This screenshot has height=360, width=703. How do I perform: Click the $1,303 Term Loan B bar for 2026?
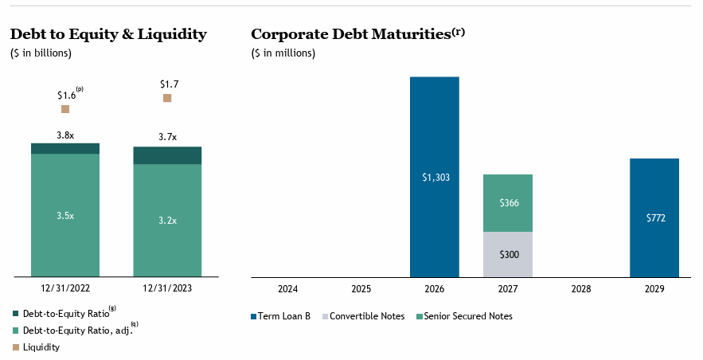click(435, 177)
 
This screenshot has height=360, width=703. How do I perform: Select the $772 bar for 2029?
click(654, 217)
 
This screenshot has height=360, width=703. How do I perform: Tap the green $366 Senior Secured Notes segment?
click(508, 203)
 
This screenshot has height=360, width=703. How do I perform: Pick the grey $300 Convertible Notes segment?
click(508, 254)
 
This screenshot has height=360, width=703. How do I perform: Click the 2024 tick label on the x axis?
click(288, 288)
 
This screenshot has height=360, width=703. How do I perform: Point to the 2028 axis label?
click(580, 288)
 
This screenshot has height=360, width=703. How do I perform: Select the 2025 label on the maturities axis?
click(361, 288)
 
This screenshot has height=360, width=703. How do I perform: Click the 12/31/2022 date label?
click(65, 288)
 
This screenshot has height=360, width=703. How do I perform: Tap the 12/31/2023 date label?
click(167, 288)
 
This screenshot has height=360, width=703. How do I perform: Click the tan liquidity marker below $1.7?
click(167, 98)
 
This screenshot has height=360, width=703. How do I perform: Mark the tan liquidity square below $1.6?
click(65, 109)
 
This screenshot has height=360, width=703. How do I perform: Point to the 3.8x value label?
click(65, 135)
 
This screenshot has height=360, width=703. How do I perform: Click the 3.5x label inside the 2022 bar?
click(65, 216)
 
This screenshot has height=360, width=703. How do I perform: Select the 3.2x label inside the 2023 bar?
click(167, 221)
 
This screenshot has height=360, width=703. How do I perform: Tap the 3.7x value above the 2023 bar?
click(167, 137)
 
